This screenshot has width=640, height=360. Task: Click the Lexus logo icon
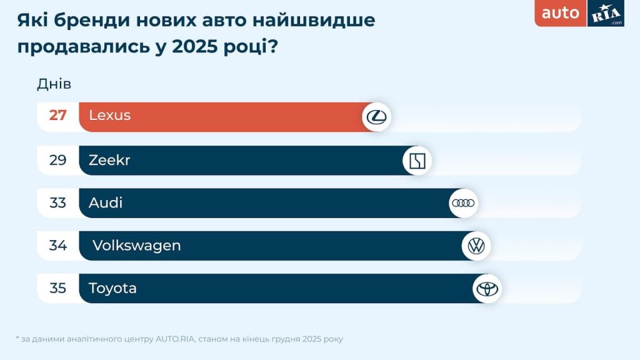(376, 117)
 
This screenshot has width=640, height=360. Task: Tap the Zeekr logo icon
(417, 161)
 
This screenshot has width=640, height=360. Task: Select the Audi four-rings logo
(463, 203)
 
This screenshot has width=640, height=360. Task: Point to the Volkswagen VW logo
(476, 246)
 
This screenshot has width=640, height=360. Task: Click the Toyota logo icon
(486, 289)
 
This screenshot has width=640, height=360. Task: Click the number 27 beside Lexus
(58, 116)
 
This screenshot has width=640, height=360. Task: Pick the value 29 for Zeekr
(58, 161)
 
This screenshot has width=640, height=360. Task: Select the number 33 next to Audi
(58, 203)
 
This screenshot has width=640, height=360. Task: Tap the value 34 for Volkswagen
(58, 246)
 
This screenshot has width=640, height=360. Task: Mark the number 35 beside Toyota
(58, 288)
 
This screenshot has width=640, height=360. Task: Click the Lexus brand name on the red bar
(109, 116)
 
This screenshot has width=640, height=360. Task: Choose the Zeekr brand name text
(109, 161)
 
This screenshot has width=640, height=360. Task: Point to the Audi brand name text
(106, 203)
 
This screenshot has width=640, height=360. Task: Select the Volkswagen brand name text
(136, 246)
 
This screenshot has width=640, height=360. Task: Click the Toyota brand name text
(112, 288)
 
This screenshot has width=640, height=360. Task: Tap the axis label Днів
(54, 84)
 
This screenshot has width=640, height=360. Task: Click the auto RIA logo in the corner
(579, 14)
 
